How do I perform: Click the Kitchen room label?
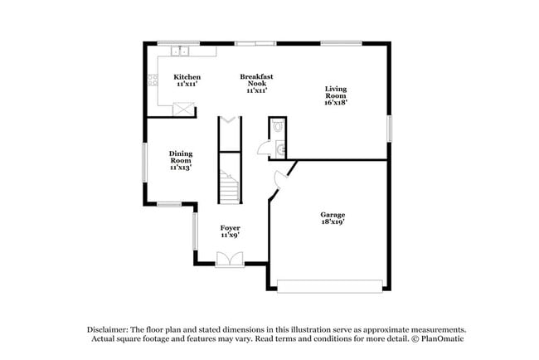[x=187, y=77]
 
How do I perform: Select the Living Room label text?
[x=336, y=92]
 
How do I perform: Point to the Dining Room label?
[x=181, y=157]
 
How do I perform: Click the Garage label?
[x=333, y=215]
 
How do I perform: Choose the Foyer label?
[x=230, y=227]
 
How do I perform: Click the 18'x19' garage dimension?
[x=333, y=222]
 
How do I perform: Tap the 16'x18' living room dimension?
[x=336, y=103]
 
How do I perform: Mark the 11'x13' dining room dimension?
[x=181, y=168]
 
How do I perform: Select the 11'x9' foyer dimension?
[x=230, y=236]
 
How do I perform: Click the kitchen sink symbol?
[x=181, y=51]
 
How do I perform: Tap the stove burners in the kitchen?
[x=153, y=80]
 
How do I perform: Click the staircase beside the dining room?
[x=228, y=187]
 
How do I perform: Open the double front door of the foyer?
[x=228, y=260]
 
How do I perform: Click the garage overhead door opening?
[x=331, y=286]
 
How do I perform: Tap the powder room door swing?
[x=265, y=148]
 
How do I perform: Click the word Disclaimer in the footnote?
[x=111, y=328]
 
